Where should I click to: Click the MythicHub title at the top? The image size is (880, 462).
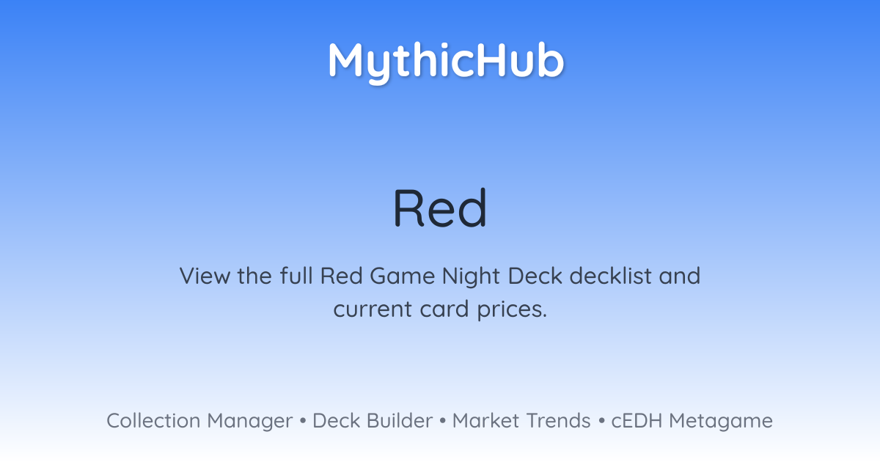[446, 62]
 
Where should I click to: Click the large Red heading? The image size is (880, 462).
[440, 208]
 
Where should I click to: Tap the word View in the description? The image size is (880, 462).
[205, 276]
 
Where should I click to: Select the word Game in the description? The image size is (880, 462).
[403, 276]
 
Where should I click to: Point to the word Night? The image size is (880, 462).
[471, 276]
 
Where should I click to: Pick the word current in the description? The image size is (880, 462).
[373, 309]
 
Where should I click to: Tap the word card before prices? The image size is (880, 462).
[444, 309]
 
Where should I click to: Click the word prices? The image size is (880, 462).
[512, 310]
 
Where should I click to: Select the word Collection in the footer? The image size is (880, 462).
[153, 421]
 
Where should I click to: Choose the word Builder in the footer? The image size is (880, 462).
[400, 421]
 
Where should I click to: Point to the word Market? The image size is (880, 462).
[486, 421]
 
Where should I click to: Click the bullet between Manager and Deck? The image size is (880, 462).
[302, 421]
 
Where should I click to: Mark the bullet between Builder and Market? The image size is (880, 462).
[443, 421]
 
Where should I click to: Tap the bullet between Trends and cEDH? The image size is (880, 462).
[601, 421]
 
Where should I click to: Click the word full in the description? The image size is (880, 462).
[296, 276]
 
